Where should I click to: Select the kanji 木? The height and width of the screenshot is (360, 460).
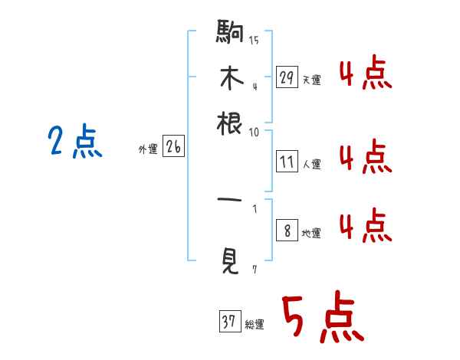[x=230, y=78]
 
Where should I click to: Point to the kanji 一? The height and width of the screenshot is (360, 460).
[x=230, y=200]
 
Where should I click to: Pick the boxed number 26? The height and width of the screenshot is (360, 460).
[x=173, y=148]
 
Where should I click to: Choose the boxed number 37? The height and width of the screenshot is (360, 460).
[x=229, y=323]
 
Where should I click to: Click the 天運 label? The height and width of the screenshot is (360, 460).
[x=312, y=80]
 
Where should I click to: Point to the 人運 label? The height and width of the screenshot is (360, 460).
[x=312, y=164]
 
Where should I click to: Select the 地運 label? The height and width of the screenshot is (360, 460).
[x=312, y=234]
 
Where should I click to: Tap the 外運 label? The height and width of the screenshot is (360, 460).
[x=148, y=150]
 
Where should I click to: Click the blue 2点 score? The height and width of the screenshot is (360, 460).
[x=75, y=142]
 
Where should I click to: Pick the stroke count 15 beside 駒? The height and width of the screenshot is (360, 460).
[x=254, y=41]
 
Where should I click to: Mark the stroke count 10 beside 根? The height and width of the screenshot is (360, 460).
[x=254, y=132]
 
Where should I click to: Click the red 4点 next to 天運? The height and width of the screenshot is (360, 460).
[x=365, y=74]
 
